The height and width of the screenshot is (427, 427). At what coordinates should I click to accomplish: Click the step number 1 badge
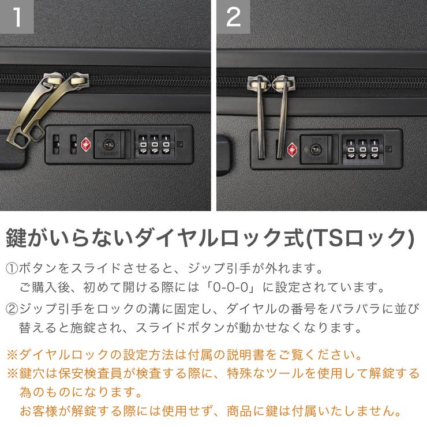[17, 17]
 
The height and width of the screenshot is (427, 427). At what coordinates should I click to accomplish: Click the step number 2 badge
[233, 17]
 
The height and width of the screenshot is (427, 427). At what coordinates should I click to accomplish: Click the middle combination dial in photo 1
[155, 144]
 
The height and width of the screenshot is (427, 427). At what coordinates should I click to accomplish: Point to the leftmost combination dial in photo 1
[143, 144]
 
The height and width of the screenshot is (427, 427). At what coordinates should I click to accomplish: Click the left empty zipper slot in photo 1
[57, 144]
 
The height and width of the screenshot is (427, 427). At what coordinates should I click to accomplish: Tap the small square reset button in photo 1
[181, 144]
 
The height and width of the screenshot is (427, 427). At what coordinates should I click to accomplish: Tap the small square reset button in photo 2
[390, 149]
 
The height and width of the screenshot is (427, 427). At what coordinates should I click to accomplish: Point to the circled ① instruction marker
[12, 269]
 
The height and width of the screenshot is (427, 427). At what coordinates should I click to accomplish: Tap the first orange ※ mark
[12, 354]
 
